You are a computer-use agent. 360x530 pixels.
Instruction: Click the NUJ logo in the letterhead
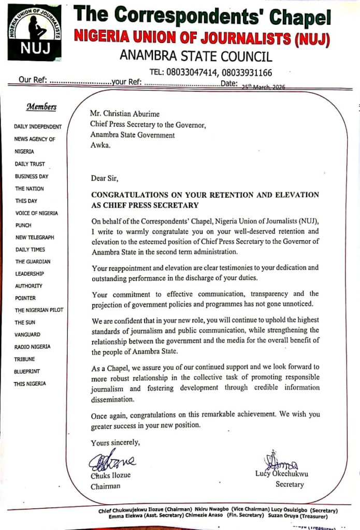coord(34,32)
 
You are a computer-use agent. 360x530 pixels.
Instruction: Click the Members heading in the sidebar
coord(41,107)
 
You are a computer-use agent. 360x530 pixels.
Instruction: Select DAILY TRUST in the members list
coord(30,164)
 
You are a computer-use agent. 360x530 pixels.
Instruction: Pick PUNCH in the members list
coord(23,225)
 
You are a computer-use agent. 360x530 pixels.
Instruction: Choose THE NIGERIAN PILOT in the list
coord(39,310)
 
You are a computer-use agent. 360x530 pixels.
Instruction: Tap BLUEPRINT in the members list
coord(27,371)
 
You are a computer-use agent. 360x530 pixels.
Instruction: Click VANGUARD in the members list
coord(27,334)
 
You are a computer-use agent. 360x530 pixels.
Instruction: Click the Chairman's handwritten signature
coord(111,461)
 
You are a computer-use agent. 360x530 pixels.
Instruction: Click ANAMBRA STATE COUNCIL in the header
coord(196,56)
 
